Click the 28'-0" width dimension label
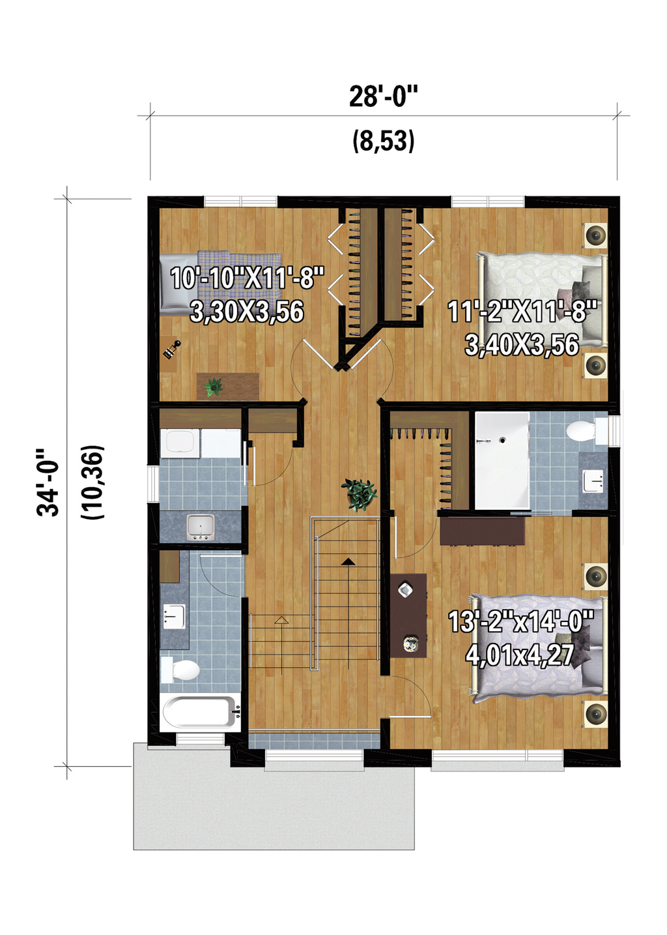(x=383, y=96)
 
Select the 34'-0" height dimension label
(x=49, y=482)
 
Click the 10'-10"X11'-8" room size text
(x=247, y=278)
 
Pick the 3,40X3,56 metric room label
(x=522, y=345)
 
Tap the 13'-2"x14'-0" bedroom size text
(x=520, y=621)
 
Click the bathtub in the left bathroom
(x=199, y=712)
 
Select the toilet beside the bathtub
(x=180, y=669)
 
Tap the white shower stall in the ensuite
(x=502, y=460)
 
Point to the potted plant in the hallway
(x=359, y=494)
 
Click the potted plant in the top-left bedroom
(x=214, y=387)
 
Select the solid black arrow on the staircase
(x=348, y=561)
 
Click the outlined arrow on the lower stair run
(x=281, y=619)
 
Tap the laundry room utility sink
(x=201, y=527)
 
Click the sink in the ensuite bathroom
(x=593, y=482)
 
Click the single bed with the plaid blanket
(x=221, y=284)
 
